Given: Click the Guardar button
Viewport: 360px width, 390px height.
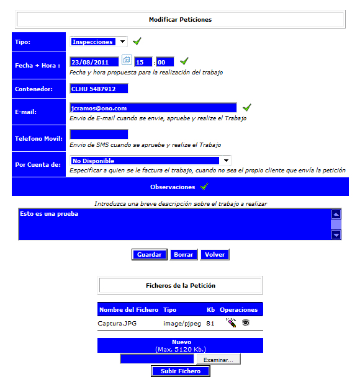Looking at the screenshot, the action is tap(150, 254).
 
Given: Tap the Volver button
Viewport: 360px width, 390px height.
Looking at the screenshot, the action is tap(215, 254).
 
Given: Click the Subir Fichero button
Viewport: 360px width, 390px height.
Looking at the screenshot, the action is tap(181, 371).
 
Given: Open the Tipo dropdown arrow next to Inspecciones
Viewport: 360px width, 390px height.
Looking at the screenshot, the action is tap(122, 42).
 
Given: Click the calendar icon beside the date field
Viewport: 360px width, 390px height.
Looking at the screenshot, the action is tap(127, 60).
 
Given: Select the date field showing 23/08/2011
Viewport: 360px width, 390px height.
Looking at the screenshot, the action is tap(94, 62).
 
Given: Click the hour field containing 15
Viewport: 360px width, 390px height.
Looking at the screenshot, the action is tap(143, 62).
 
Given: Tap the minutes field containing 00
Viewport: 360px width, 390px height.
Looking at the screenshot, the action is tap(165, 62).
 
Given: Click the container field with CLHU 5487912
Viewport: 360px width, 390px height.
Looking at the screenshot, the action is tap(99, 89).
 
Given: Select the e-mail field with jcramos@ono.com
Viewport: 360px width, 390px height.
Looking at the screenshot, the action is tap(153, 108).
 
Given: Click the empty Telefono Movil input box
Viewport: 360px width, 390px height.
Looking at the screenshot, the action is tap(99, 134).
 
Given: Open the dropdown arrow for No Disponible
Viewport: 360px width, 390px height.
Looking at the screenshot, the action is tap(226, 161).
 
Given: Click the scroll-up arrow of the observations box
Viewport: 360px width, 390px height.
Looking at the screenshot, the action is tap(336, 215).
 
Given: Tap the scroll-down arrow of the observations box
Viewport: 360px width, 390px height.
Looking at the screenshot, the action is tap(336, 234).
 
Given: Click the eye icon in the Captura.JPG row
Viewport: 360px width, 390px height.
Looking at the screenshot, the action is tap(246, 322).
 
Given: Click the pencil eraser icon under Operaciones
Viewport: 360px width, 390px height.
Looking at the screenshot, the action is tap(231, 322).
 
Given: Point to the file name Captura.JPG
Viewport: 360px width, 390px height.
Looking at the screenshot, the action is tap(117, 323).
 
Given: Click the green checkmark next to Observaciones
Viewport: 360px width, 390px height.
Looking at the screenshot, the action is tap(204, 186).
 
